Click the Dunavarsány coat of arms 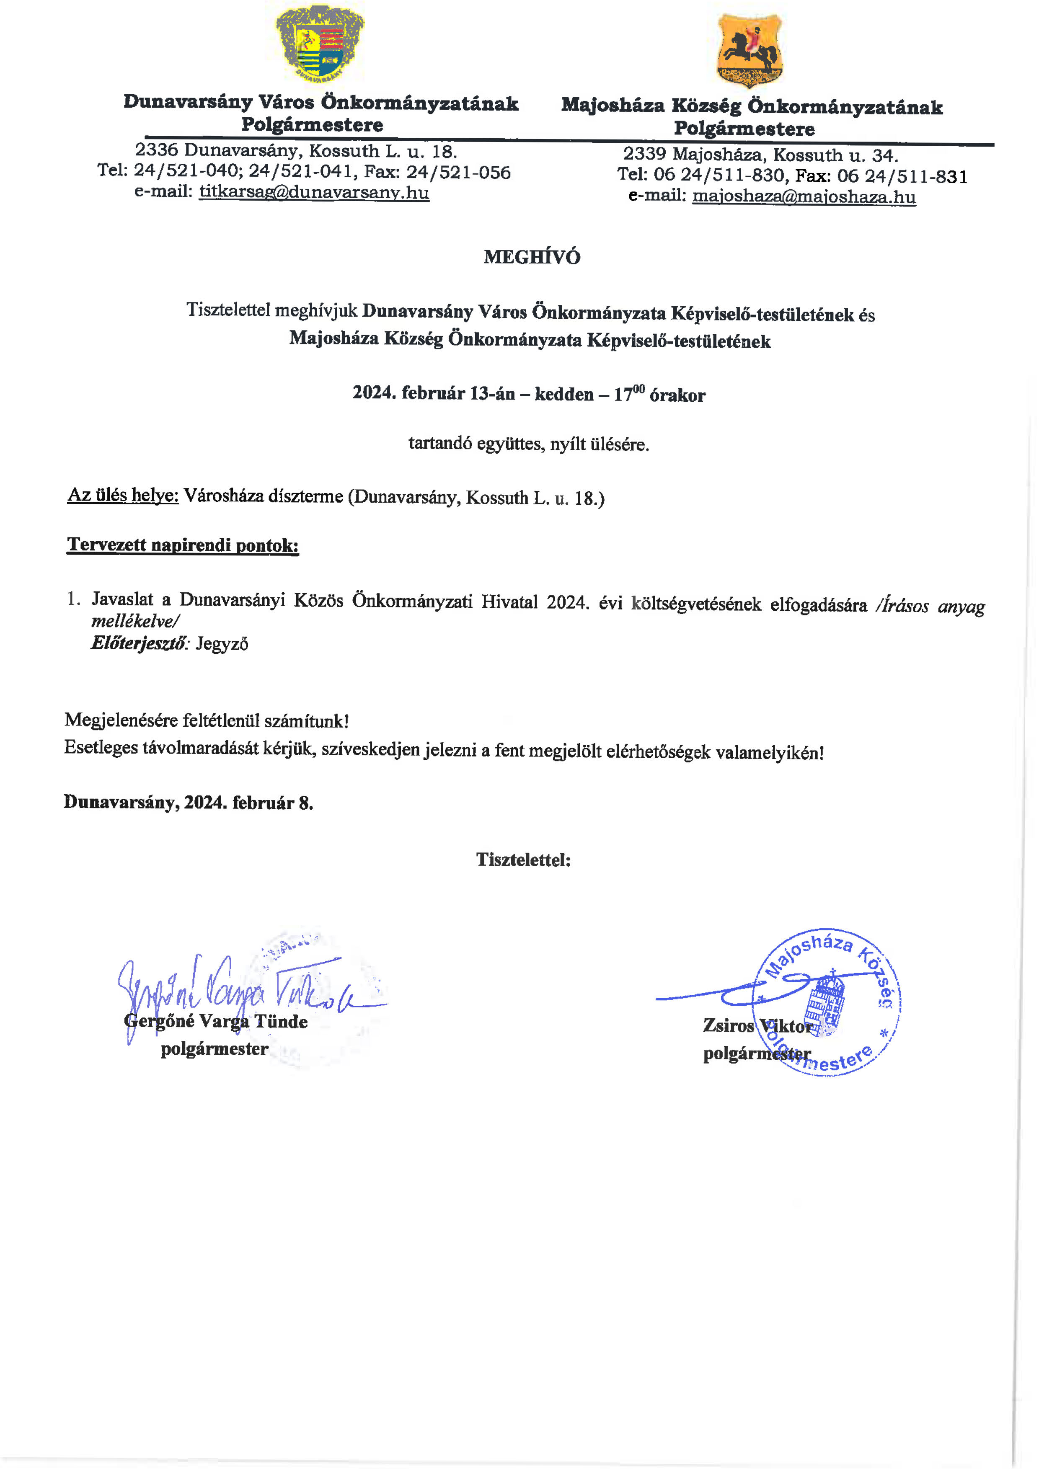[x=320, y=44]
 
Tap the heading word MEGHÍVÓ [x=532, y=257]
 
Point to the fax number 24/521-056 [x=458, y=172]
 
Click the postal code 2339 [x=645, y=154]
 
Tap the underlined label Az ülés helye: [x=123, y=495]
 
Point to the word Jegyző [x=222, y=644]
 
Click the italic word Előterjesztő [x=140, y=643]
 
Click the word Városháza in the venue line [x=222, y=496]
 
